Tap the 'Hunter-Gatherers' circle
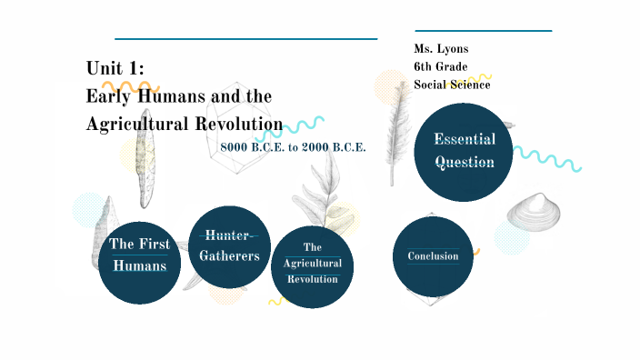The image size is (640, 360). (x=229, y=246)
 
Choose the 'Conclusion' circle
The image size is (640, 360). (x=433, y=256)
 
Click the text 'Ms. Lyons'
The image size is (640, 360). (x=441, y=49)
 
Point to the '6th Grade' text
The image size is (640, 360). (x=441, y=66)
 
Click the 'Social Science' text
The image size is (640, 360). (x=452, y=85)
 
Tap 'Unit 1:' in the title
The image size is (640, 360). (x=115, y=68)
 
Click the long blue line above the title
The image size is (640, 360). (x=245, y=39)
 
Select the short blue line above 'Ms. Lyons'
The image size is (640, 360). (x=483, y=31)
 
